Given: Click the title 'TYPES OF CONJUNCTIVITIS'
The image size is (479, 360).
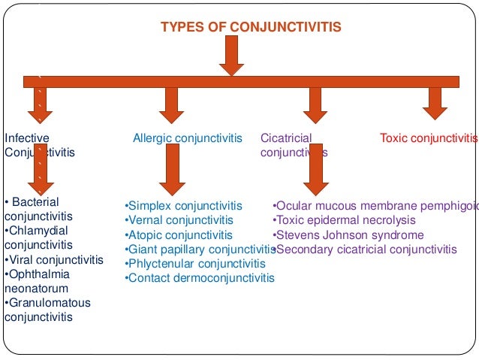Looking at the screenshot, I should tap(251, 28).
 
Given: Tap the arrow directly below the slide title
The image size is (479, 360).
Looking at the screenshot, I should tap(231, 56).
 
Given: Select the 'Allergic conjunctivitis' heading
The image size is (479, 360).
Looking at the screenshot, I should tap(188, 138).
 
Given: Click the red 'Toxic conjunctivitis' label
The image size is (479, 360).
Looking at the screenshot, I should tap(428, 138).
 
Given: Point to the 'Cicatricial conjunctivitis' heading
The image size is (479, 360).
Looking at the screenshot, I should tap(294, 145).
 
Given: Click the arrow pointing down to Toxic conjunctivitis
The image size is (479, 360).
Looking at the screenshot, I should tap(435, 103).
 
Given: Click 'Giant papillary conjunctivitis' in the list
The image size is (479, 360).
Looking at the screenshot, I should tap(200, 250).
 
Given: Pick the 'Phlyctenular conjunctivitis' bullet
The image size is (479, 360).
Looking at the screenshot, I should tap(194, 264).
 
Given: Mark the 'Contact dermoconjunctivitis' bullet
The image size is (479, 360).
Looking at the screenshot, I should tap(199, 278).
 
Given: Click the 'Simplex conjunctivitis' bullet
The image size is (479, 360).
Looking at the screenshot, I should tap(183, 206).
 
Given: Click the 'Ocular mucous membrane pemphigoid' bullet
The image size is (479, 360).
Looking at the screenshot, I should tap(374, 206).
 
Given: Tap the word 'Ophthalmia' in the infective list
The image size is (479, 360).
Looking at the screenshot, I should tap(36, 274).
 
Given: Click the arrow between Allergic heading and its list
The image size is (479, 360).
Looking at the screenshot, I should tap(173, 169).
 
